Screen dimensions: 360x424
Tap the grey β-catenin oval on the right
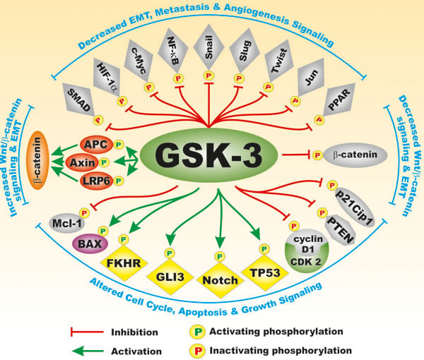(x=351, y=153)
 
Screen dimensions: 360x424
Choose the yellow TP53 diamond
(x=266, y=272)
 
